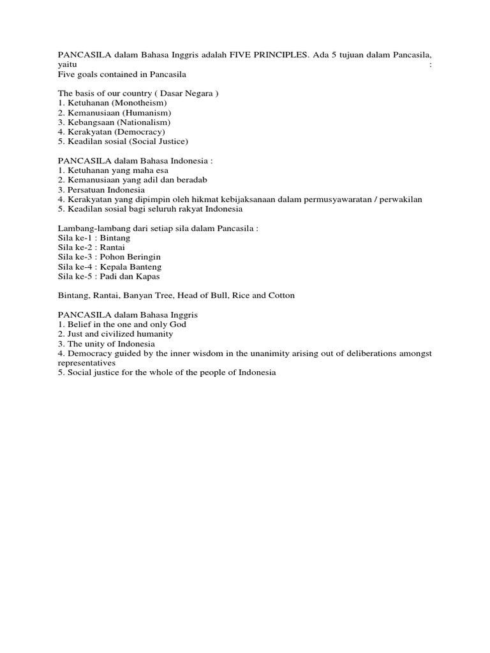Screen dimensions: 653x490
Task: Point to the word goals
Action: tap(86, 75)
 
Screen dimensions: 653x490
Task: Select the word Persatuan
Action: tap(87, 189)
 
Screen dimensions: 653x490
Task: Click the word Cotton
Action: tap(280, 295)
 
